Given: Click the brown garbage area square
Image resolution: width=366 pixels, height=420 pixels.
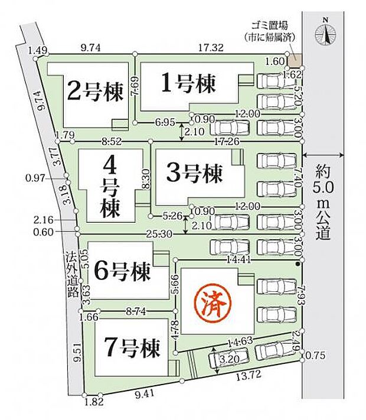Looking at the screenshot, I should (x=295, y=60).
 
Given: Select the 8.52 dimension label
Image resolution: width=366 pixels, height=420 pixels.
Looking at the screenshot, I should (x=112, y=142).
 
